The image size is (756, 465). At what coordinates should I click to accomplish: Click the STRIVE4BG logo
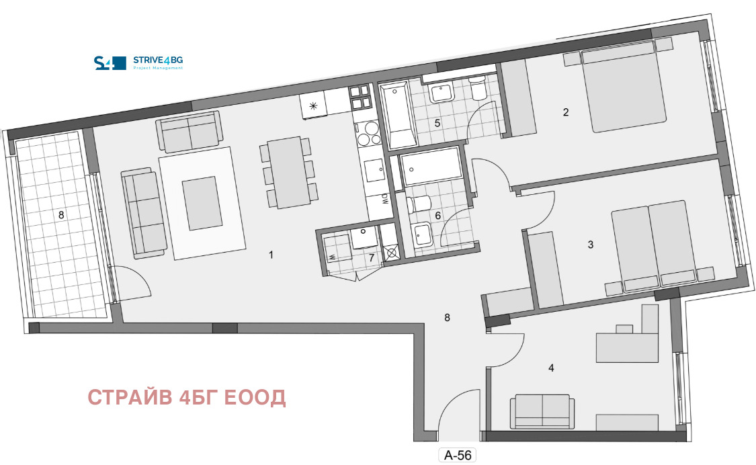coord(138,62)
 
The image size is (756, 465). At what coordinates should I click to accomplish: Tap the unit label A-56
coord(458,455)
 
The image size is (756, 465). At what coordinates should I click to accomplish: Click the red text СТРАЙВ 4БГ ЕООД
coord(187,398)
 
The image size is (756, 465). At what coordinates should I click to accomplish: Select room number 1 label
coord(271,255)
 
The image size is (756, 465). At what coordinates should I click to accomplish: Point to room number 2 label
coord(566,112)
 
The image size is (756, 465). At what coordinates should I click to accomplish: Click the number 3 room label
coord(591,245)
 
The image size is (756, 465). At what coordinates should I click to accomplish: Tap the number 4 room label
coord(551,368)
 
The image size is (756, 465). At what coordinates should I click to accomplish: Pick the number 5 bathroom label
coord(437,123)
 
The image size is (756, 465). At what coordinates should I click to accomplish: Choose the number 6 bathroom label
coord(437,216)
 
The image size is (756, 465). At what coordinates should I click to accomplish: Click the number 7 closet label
coord(371,258)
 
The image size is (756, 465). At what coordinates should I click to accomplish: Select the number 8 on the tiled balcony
coord(61,215)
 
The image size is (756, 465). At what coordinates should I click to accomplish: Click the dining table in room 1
coord(288,173)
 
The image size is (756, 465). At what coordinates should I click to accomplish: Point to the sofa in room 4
coord(542,411)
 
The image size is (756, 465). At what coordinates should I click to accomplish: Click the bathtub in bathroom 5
coord(398,116)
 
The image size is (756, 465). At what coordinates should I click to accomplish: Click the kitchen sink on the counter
coord(374,170)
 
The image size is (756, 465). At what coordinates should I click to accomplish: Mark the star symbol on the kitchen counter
coord(313,106)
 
